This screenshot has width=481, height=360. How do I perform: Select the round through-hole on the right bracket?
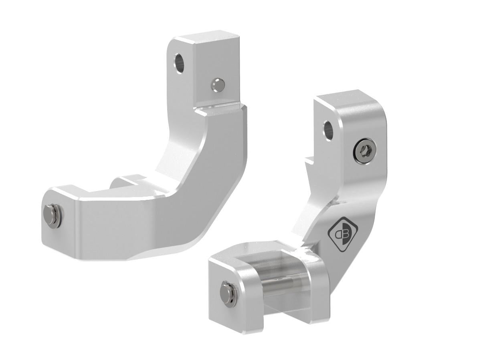(x=328, y=130)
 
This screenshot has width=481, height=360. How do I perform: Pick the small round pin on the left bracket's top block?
(x=218, y=84)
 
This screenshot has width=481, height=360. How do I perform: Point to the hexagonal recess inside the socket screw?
(x=364, y=151)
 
